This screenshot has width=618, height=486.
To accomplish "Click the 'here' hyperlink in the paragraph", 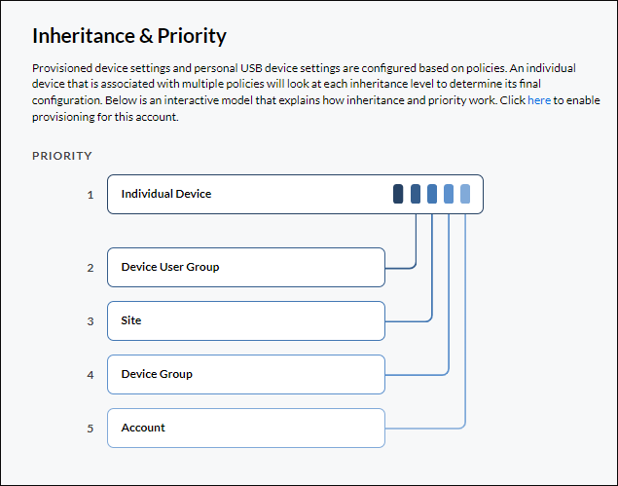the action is click(x=539, y=100).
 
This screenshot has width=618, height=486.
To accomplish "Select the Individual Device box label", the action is click(x=165, y=194).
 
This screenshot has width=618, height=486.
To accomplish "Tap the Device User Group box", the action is click(x=246, y=267).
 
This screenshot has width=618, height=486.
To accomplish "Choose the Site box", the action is click(x=246, y=320).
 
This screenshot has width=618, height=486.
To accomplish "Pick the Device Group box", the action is click(x=246, y=374).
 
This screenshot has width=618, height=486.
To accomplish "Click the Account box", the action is click(x=246, y=428).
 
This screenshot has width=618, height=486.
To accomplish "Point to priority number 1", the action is click(x=91, y=195).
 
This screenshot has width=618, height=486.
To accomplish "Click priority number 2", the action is click(x=91, y=268).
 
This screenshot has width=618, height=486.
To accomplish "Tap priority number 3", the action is click(x=91, y=321).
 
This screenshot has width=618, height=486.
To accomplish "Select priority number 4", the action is click(x=91, y=375).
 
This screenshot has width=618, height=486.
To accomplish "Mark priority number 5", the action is click(x=91, y=429).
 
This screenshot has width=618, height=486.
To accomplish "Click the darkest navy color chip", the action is click(x=398, y=194).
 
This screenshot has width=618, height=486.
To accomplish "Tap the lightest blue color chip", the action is click(x=465, y=194).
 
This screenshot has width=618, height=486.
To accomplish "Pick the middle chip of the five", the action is click(x=432, y=194).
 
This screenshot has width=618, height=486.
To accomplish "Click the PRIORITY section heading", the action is click(x=62, y=156).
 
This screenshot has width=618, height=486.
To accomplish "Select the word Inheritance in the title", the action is click(x=84, y=36).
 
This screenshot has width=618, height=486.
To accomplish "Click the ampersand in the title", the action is click(x=146, y=36).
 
